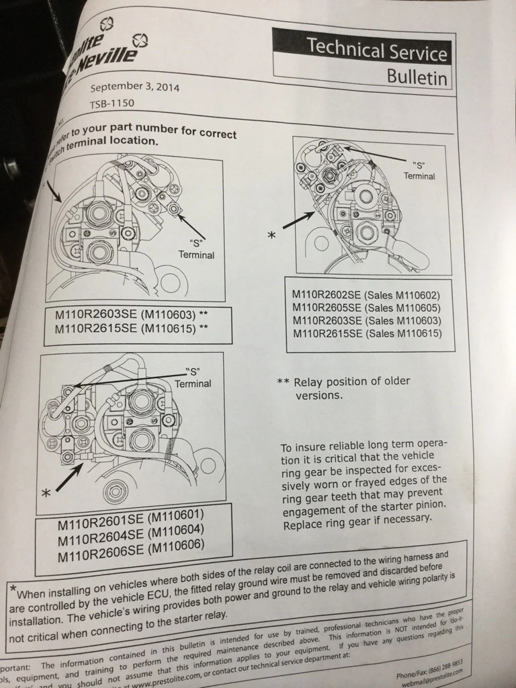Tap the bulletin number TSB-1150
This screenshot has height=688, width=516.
112,104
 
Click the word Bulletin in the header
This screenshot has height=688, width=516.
417,77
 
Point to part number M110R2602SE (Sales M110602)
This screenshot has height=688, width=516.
365,294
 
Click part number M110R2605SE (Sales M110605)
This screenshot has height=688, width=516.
366,307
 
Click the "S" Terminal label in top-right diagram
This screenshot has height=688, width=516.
419,170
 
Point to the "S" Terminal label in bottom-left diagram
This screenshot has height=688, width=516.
193,378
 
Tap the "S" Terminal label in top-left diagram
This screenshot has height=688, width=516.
196,249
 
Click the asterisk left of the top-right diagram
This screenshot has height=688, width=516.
271,236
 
